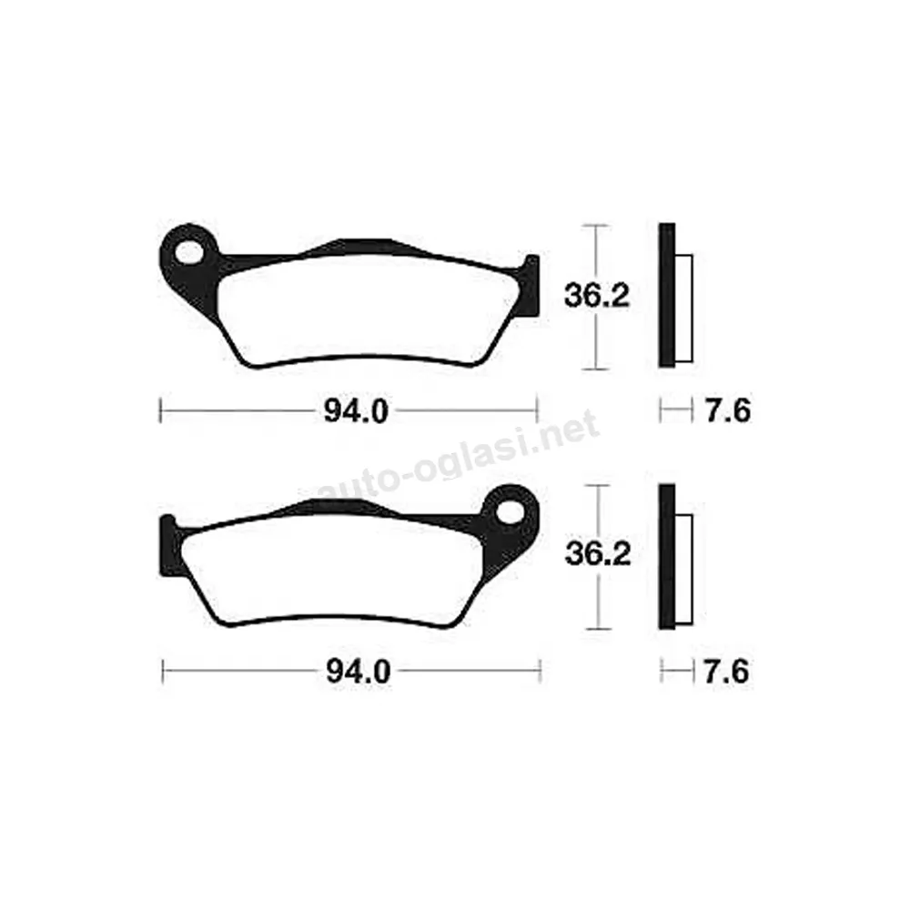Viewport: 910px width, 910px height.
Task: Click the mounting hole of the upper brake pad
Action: [x=190, y=253]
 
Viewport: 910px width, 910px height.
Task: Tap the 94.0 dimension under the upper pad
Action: [x=356, y=412]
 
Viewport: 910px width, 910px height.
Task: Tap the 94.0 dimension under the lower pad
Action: [x=358, y=672]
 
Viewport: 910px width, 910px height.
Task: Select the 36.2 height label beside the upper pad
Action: [x=597, y=296]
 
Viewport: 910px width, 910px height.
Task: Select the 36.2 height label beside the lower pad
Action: [x=598, y=554]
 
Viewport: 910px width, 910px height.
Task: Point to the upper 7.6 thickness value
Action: [x=727, y=411]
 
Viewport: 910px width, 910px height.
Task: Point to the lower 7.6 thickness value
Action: [x=726, y=672]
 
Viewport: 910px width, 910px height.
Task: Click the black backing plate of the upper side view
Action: [x=667, y=295]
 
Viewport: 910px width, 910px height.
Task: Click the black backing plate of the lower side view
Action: [x=667, y=556]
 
